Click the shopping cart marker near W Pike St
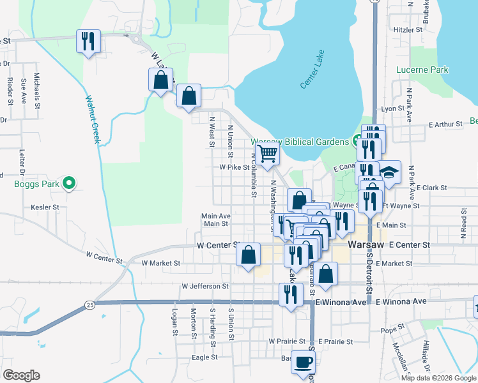pos(267,153)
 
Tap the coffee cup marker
pos(303,362)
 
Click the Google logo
pos(21,375)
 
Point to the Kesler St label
pos(45,207)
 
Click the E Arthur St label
pos(445,124)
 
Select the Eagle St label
pos(205,357)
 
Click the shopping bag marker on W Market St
pos(248,254)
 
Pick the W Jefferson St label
pos(205,287)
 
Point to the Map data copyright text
pos(438,377)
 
